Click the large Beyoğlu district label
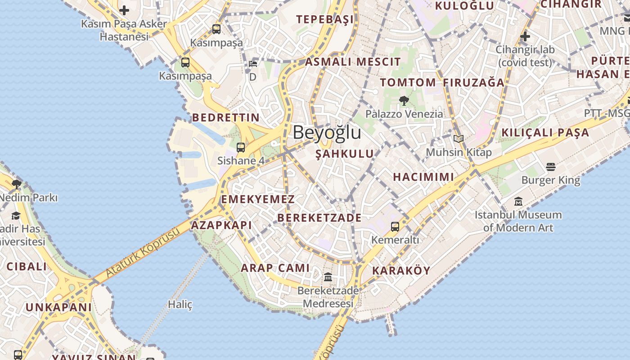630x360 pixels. pos(327,133)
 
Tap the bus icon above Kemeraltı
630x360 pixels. pos(395,227)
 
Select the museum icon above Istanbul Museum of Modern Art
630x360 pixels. pos(518,202)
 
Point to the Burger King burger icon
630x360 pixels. pos(551,167)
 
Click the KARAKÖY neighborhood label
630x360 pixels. pos(401,271)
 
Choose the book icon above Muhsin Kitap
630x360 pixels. pos(459,139)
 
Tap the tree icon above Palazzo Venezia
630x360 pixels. pos(404,100)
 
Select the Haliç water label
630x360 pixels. pos(180,305)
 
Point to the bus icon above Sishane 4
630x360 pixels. pos(241,147)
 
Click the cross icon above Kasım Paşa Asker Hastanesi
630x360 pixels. pos(124,10)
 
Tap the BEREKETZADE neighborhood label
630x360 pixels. pos(319,218)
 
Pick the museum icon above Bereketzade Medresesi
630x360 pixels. pos(328,277)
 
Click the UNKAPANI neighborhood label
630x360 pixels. pos(58,307)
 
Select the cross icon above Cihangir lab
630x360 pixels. pos(525,36)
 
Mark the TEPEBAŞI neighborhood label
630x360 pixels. pos(325,19)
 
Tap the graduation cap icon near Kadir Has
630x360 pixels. pos(16,216)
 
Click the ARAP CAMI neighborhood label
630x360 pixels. pos(275,268)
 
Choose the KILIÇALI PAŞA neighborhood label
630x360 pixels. pos(544,133)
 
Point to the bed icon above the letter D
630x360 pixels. pos(253,64)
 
